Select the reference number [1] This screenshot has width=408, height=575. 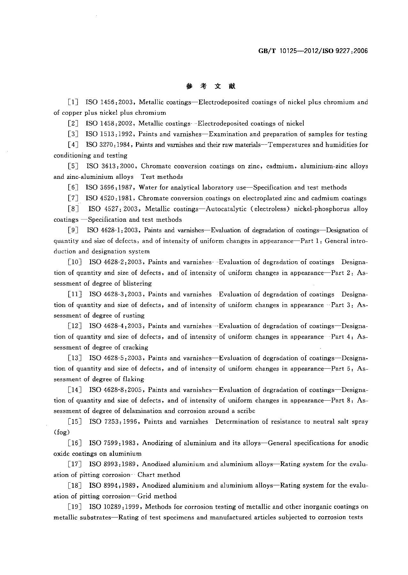click(73, 102)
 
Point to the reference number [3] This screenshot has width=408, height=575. click(73, 134)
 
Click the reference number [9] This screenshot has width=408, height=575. click(73, 230)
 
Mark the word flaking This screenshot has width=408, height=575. click(133, 379)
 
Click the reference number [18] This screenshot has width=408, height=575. click(75, 486)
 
